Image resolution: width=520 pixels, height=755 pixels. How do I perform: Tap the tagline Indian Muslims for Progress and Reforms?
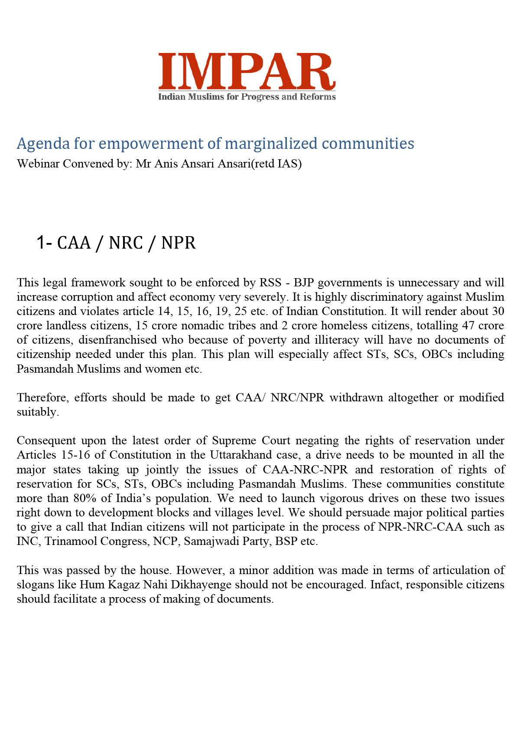247,96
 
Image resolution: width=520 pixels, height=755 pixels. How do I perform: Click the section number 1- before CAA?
44,243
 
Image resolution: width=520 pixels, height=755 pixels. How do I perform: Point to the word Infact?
385,584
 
